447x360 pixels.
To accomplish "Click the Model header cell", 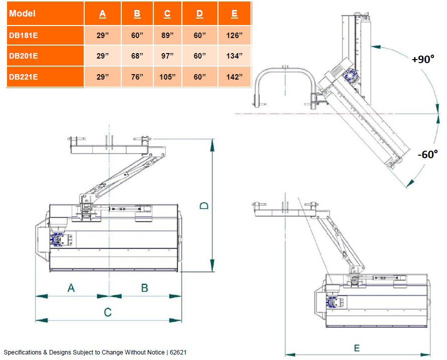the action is [45, 14].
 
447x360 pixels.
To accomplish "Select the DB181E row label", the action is [45, 36].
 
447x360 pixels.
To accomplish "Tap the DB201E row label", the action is [45, 56].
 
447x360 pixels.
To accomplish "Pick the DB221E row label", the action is [45, 77].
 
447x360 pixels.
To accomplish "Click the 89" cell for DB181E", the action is [167, 36].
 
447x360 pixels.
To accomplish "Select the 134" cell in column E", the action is [235, 56].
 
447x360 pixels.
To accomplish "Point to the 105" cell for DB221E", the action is [167, 77].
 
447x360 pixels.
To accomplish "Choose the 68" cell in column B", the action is [137, 56].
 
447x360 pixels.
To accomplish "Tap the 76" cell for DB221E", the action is [137, 77].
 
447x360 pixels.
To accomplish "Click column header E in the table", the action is [235, 14].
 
